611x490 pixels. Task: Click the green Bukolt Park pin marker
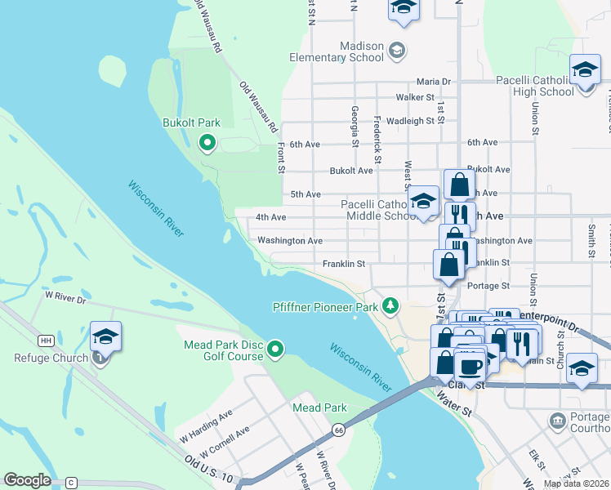pyautogui.click(x=207, y=144)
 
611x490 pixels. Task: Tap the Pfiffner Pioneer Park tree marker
pyautogui.click(x=392, y=305)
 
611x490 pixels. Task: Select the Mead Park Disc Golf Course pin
pyautogui.click(x=276, y=350)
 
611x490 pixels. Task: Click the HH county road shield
pyautogui.click(x=46, y=340)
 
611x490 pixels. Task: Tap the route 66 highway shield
pyautogui.click(x=338, y=430)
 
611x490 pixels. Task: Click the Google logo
pyautogui.click(x=27, y=480)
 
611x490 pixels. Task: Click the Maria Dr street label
pyautogui.click(x=433, y=82)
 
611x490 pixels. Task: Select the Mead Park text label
pyautogui.click(x=319, y=408)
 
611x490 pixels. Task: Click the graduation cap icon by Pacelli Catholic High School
pyautogui.click(x=585, y=69)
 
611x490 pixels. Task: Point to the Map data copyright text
pyautogui.click(x=576, y=484)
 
